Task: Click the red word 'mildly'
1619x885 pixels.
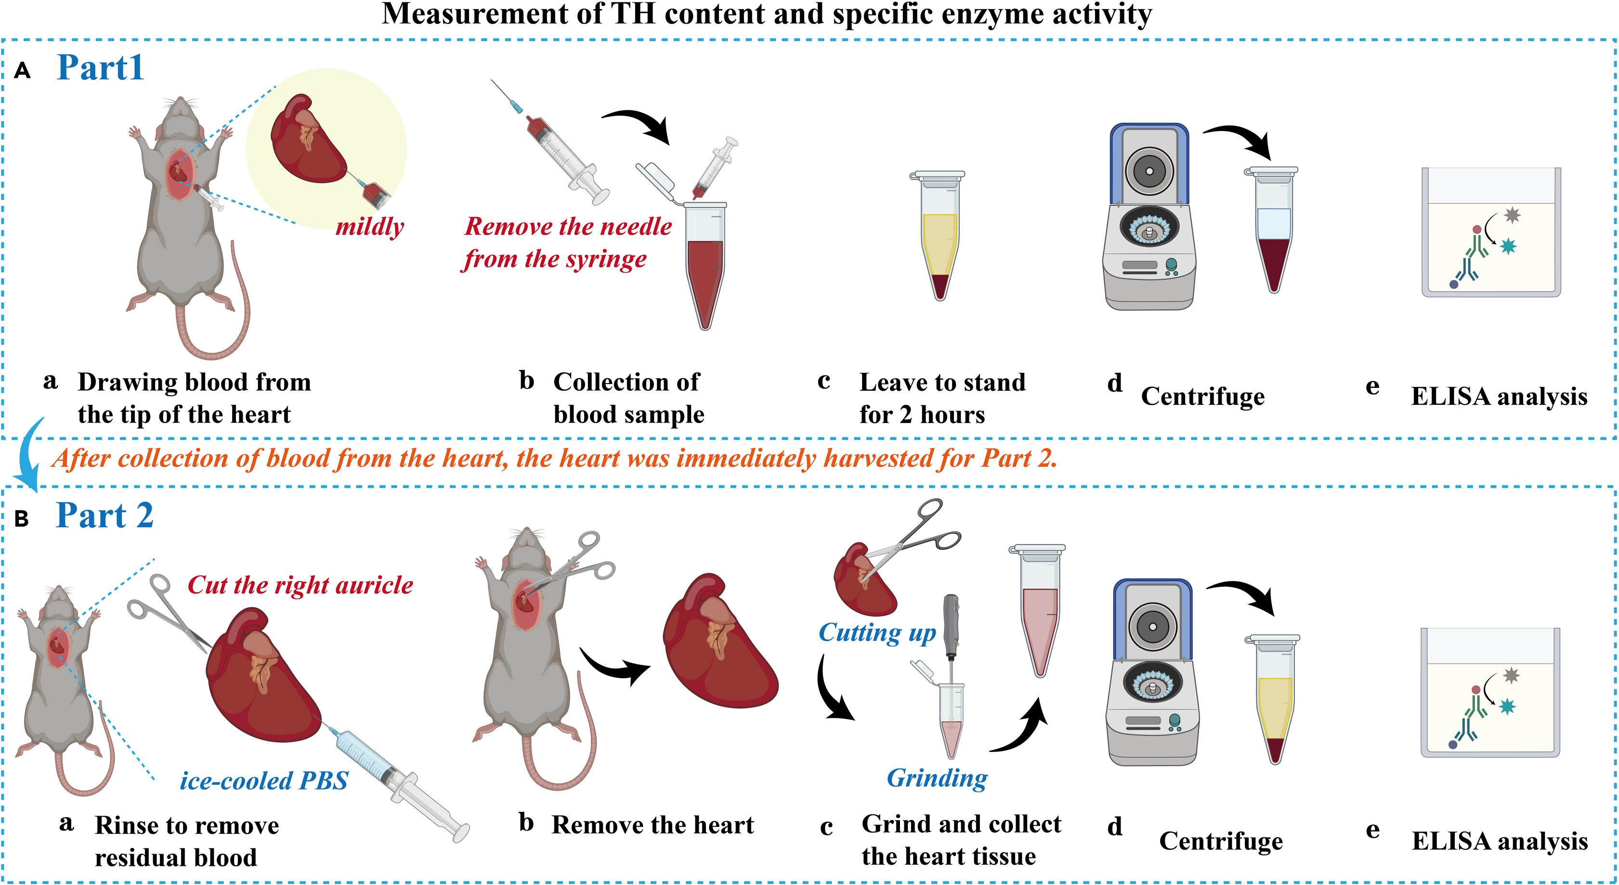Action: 369,227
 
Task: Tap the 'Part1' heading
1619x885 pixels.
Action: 101,68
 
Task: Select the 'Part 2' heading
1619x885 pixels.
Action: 104,516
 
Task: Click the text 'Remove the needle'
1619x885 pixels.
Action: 568,226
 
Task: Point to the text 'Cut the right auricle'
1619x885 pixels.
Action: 300,585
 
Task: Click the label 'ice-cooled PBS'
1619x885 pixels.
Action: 264,780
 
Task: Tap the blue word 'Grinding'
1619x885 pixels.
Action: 937,778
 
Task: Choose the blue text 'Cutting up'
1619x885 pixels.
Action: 877,633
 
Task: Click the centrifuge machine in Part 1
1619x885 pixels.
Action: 1149,217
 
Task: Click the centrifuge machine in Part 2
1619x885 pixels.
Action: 1152,673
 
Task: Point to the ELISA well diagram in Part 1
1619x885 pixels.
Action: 1491,233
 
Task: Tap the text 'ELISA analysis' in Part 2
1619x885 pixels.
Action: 1500,841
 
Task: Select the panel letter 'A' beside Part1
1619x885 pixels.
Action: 23,70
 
